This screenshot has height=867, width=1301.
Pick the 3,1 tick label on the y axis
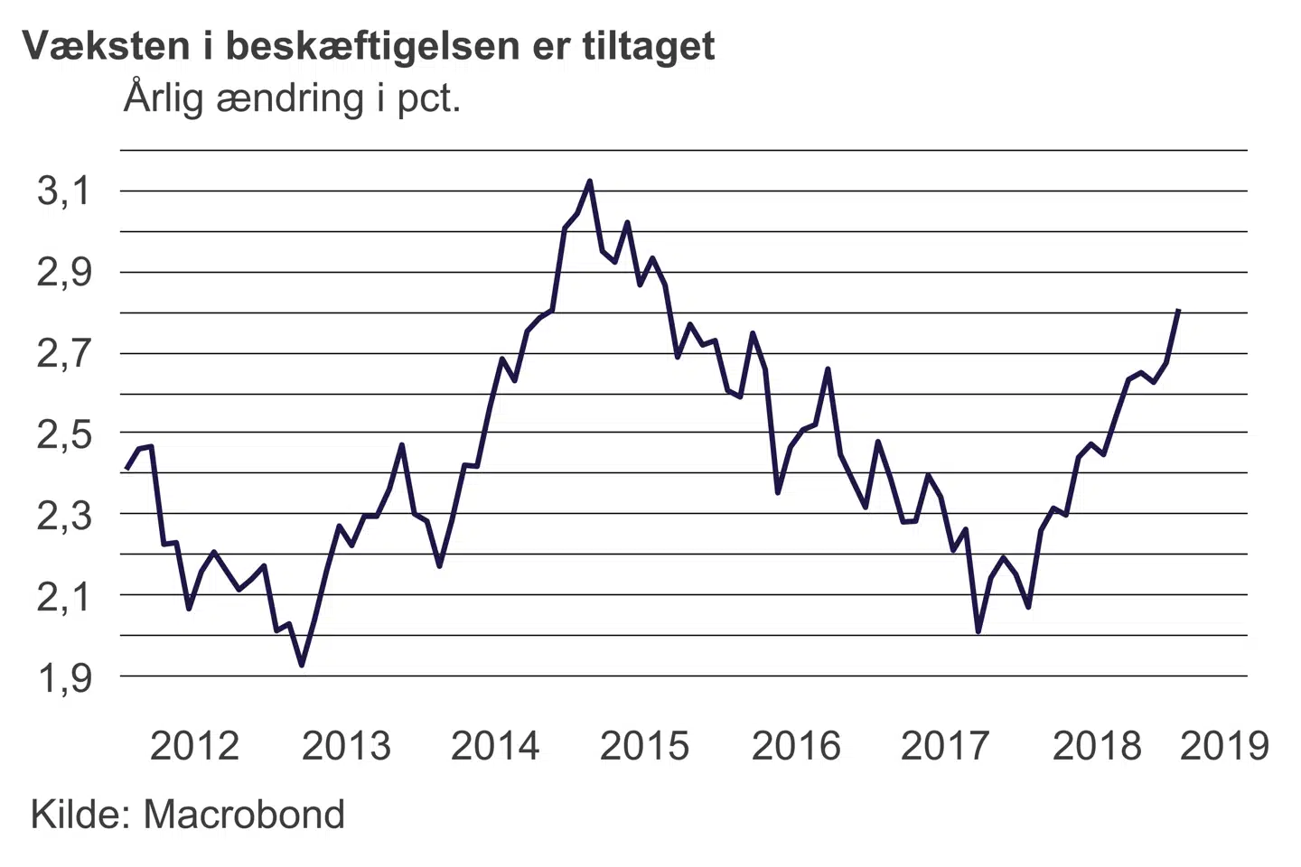64,191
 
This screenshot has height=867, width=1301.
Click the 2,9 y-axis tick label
64,272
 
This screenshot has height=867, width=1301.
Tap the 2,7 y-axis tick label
64,353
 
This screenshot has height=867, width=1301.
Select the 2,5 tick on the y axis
64,434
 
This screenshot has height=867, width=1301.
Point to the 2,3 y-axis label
64,515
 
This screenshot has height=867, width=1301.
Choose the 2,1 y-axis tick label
64,596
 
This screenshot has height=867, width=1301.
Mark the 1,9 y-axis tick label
64,677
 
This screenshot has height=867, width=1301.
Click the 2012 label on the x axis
194,746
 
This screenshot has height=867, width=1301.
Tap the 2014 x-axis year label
495,746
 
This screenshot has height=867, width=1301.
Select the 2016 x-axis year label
796,746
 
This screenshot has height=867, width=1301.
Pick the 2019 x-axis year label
1224,746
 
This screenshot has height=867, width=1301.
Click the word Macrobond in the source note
244,815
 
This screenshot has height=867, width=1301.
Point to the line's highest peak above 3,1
590,182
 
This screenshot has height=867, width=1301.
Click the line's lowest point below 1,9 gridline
302,665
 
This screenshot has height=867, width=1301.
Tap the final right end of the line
1179,310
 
